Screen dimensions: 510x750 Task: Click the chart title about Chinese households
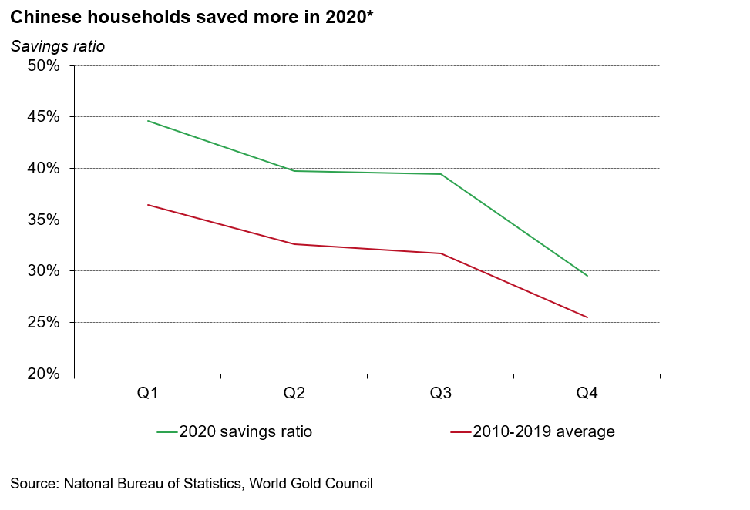(192, 17)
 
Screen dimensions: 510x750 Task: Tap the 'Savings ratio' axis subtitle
(58, 46)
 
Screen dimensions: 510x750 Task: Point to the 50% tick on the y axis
(44, 65)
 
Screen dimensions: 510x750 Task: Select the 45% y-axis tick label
(44, 117)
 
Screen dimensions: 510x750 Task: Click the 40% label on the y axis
(44, 168)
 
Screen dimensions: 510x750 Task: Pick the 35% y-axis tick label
(44, 220)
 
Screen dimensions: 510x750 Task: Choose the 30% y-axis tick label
(44, 271)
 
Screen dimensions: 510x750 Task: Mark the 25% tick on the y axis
(44, 322)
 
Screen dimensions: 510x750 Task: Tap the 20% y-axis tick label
(44, 374)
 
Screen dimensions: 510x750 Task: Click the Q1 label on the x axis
(147, 394)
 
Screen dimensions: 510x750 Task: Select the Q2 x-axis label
(294, 394)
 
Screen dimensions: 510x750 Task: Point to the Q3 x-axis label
(440, 394)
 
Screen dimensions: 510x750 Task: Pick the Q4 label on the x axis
(587, 394)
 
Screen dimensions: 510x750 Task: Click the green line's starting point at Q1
(147, 121)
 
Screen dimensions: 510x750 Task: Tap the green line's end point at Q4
(587, 276)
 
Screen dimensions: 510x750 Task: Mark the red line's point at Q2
(294, 244)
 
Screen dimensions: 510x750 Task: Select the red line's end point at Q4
(587, 317)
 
